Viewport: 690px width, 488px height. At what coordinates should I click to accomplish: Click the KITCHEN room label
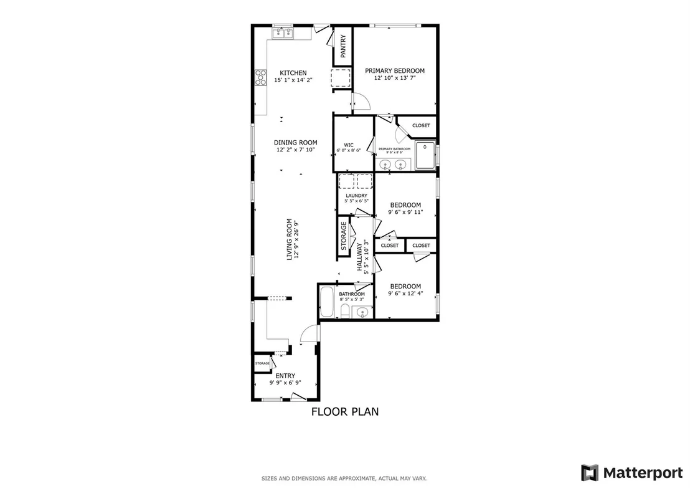(293, 73)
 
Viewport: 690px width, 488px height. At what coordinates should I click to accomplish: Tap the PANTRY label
(344, 45)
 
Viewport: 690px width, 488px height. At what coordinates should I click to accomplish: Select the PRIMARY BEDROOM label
(395, 70)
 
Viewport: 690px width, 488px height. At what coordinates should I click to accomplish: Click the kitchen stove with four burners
(260, 77)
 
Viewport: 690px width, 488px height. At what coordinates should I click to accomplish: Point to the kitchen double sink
(283, 34)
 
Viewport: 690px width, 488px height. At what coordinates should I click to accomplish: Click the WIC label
(349, 145)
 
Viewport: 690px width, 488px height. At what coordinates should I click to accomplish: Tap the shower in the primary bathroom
(425, 155)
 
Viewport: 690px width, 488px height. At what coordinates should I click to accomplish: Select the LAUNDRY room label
(356, 196)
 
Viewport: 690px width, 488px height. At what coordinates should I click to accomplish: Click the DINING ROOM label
(296, 142)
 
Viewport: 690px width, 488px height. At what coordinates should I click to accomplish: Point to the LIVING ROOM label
(290, 239)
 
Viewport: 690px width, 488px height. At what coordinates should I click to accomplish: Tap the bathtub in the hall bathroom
(326, 302)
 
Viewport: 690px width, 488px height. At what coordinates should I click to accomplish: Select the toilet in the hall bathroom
(345, 310)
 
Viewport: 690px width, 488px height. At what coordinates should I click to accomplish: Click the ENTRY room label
(285, 376)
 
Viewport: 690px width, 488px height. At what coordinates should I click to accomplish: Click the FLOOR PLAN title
(345, 411)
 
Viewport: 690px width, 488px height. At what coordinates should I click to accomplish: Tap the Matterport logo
(632, 472)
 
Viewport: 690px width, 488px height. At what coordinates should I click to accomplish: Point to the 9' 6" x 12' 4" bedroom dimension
(405, 294)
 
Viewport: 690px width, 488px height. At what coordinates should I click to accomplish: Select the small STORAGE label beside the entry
(262, 363)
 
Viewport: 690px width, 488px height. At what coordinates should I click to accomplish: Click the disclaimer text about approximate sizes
(344, 478)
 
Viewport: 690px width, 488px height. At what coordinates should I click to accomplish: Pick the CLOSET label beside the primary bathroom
(421, 125)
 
